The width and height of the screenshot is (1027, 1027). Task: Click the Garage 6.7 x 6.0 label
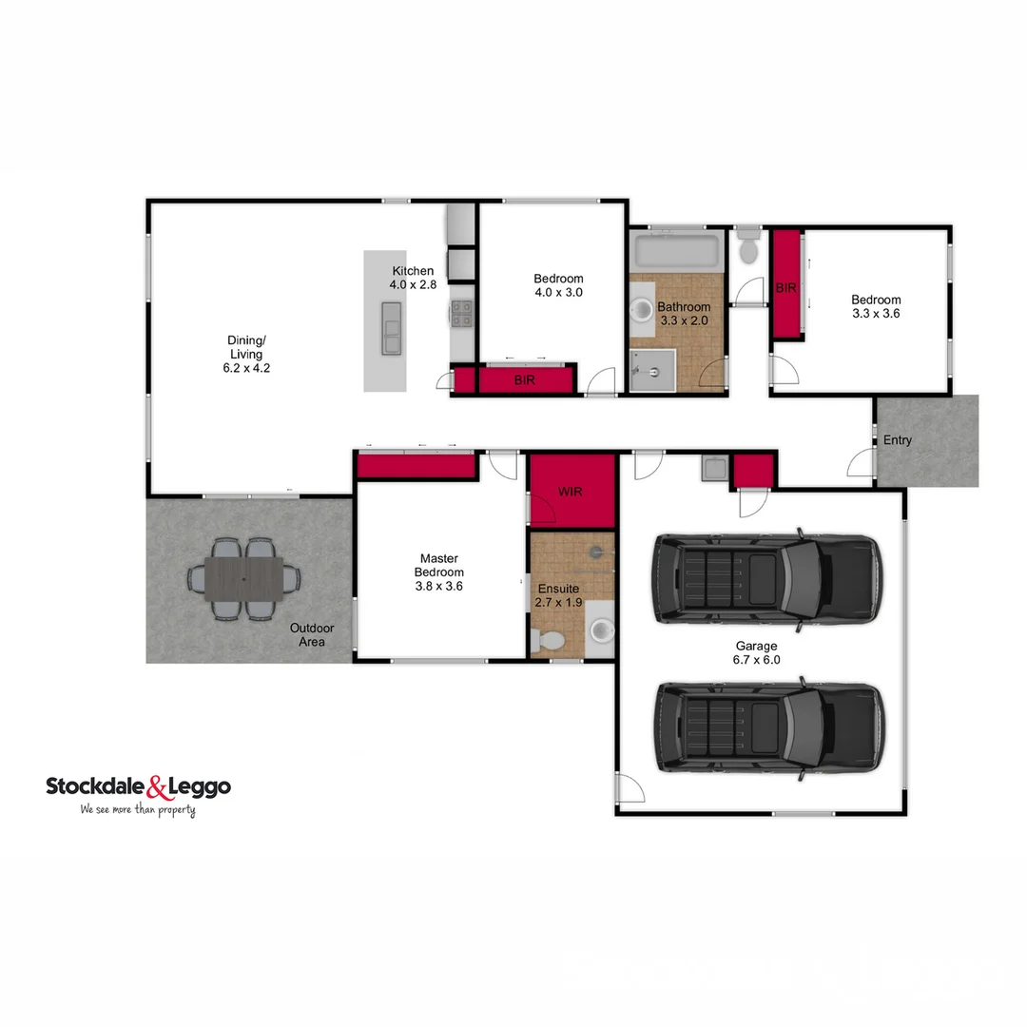pos(756,652)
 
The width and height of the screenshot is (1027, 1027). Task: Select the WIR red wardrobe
pos(572,490)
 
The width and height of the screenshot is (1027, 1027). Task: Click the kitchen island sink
pos(391,328)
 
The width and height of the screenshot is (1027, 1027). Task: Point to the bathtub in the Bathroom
pos(677,252)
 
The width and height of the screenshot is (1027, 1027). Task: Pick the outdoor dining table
pos(243,578)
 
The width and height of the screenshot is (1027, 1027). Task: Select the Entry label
pos(897,440)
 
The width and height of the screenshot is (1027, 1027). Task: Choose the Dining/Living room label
pos(244,354)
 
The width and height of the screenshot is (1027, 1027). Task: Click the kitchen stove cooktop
pos(461,313)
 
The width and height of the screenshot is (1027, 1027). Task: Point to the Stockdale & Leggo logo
pos(139,786)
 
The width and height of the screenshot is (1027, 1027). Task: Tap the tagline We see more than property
pos(138,810)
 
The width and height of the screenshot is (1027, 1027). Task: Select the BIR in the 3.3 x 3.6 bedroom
pos(785,285)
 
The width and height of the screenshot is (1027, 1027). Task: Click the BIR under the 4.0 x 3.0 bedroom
pos(525,380)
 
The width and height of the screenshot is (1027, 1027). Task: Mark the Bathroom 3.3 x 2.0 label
pos(684,314)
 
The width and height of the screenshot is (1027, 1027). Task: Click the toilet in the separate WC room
pos(747,247)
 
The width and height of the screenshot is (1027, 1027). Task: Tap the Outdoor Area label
pos(312,635)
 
